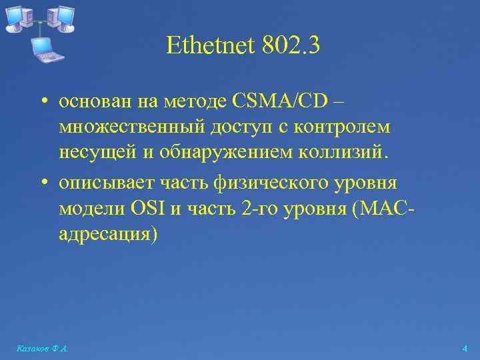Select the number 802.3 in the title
pos(291,46)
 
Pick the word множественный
pos(127,127)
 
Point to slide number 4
pos(465,349)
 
